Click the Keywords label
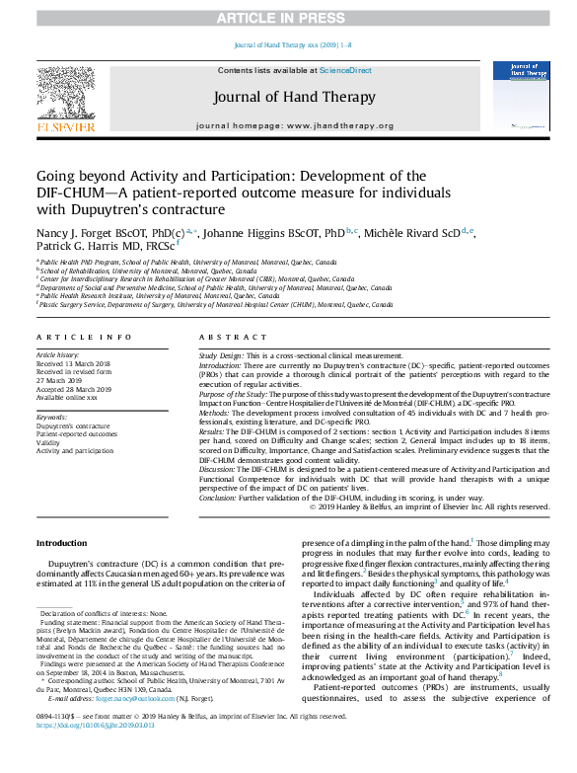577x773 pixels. coord(52,418)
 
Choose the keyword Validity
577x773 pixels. coord(49,443)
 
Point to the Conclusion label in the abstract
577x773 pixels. coord(220,499)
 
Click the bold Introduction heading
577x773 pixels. coord(61,543)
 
